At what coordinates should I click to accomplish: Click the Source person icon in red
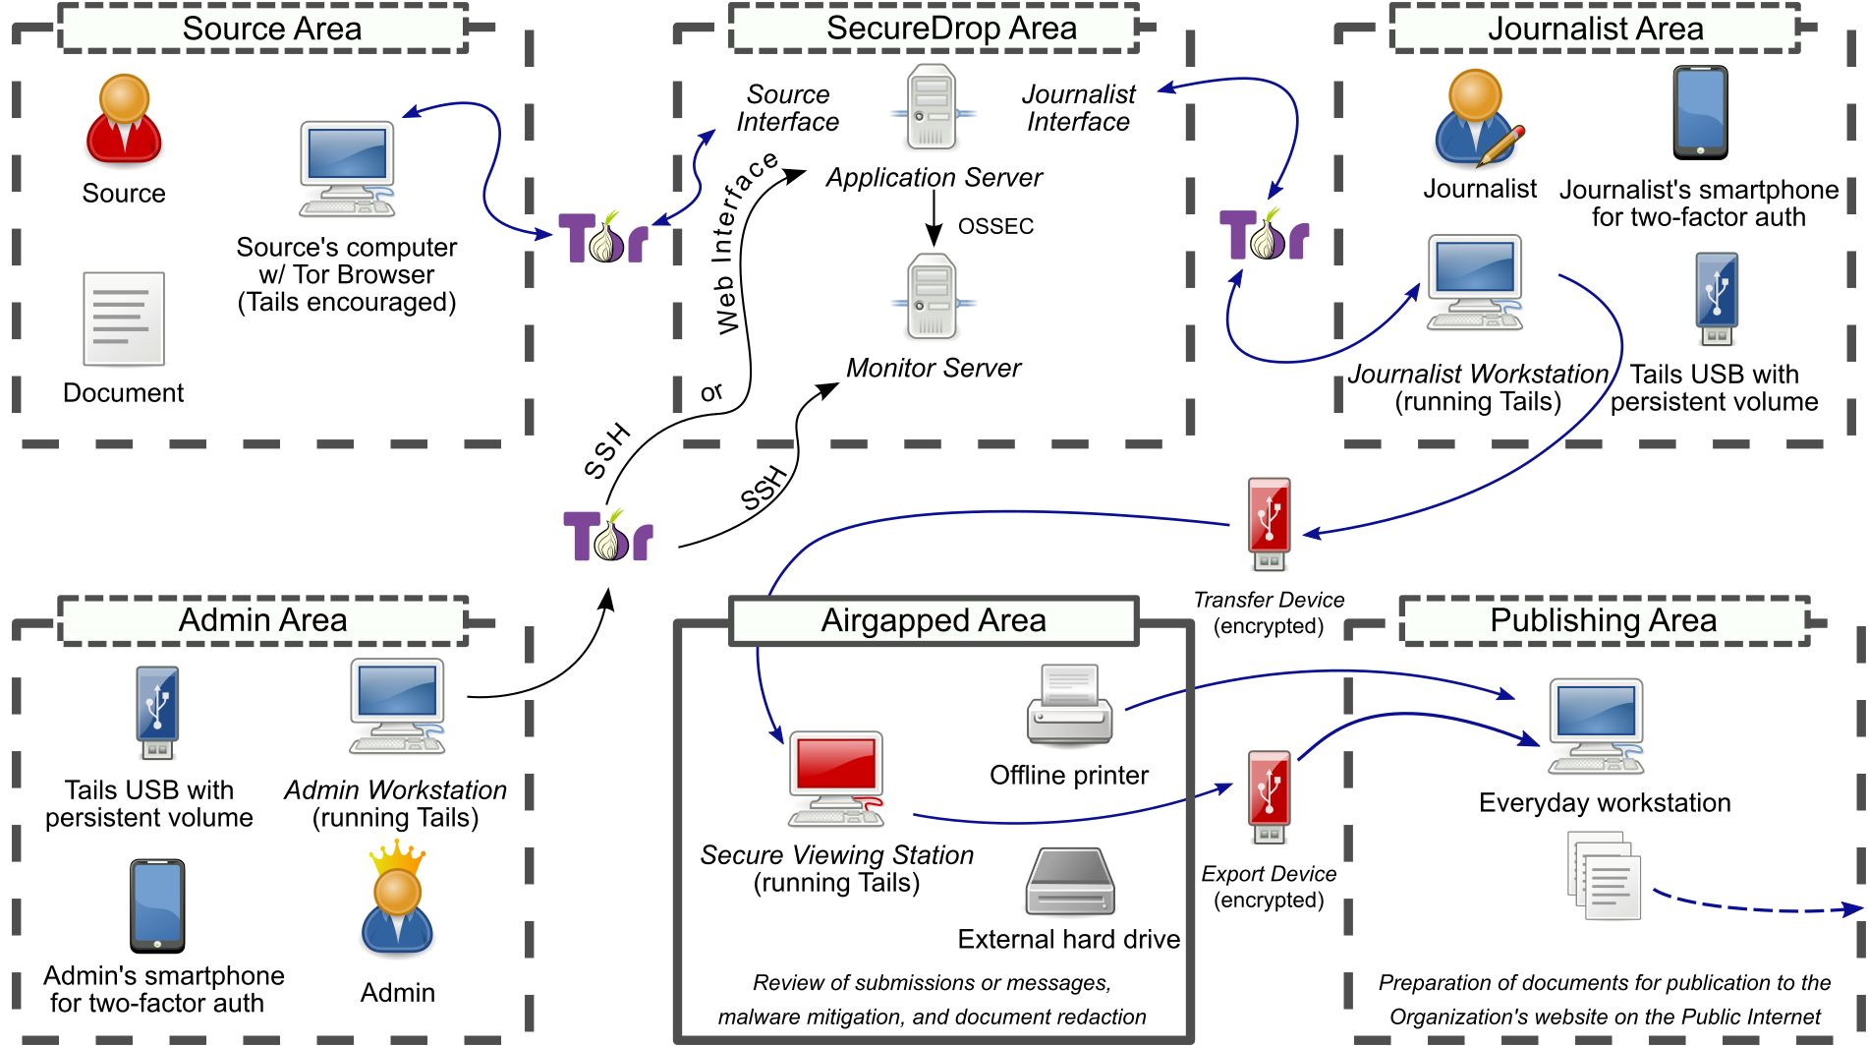pos(124,120)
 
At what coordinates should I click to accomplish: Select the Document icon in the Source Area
pos(124,319)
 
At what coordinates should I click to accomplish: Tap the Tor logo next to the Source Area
pos(604,237)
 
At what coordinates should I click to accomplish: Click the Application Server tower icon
pos(932,107)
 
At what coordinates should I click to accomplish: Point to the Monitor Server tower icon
pos(932,296)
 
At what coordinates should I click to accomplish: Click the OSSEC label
pos(995,227)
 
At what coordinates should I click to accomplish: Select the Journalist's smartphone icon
pos(1700,113)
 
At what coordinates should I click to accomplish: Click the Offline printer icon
pos(1069,706)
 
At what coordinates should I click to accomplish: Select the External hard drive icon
pos(1070,882)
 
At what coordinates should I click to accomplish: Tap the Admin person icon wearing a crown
pos(397,902)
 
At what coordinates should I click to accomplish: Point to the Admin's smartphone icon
pos(157,905)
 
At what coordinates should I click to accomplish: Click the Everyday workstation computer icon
pos(1596,727)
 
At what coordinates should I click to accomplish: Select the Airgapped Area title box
pos(934,621)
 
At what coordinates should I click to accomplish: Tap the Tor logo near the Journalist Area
pos(1265,235)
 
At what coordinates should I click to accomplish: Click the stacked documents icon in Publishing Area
pos(1605,875)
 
